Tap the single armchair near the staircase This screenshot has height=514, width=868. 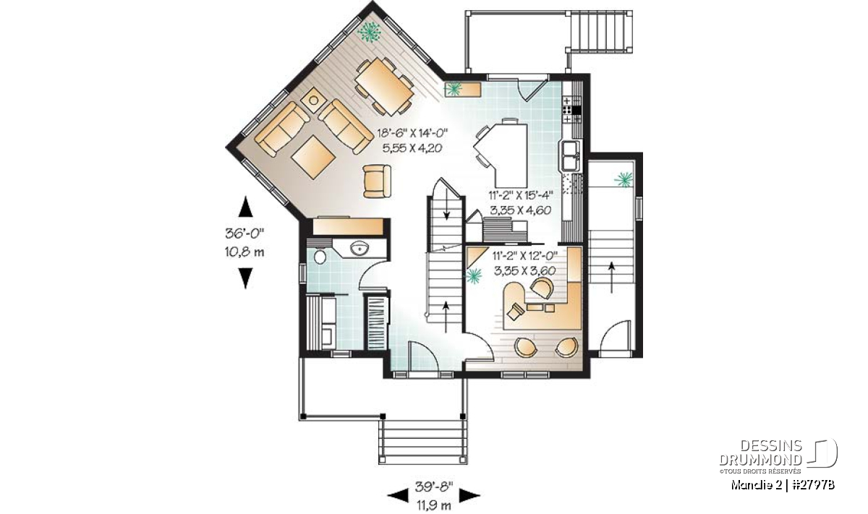[x=377, y=181]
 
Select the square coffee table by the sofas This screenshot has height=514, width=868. [x=313, y=157]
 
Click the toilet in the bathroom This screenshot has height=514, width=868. [x=320, y=257]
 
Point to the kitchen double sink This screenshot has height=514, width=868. [x=569, y=156]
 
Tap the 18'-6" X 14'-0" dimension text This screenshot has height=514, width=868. [x=412, y=134]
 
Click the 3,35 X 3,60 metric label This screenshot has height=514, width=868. [x=524, y=271]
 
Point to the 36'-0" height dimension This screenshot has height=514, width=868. [x=244, y=234]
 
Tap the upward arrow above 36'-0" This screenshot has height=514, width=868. [x=245, y=207]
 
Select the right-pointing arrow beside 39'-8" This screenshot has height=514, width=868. [x=469, y=495]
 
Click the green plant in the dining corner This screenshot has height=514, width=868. [x=369, y=31]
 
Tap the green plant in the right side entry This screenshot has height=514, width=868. [x=624, y=179]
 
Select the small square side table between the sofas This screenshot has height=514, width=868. [x=313, y=100]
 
